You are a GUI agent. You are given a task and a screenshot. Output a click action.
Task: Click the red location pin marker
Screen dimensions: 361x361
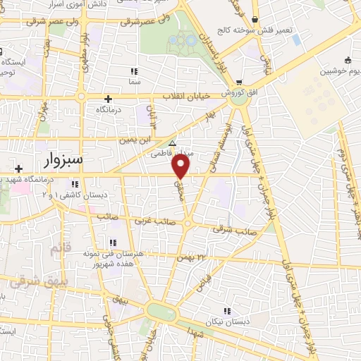(181, 166)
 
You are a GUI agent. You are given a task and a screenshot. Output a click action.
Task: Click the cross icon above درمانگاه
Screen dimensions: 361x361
(108, 99)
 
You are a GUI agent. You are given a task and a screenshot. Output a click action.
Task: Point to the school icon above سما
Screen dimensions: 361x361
(134, 71)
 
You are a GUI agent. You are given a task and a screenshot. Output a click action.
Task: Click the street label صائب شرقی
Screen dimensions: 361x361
(241, 231)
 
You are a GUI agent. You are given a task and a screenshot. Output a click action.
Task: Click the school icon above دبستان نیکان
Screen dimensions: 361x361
(226, 310)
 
